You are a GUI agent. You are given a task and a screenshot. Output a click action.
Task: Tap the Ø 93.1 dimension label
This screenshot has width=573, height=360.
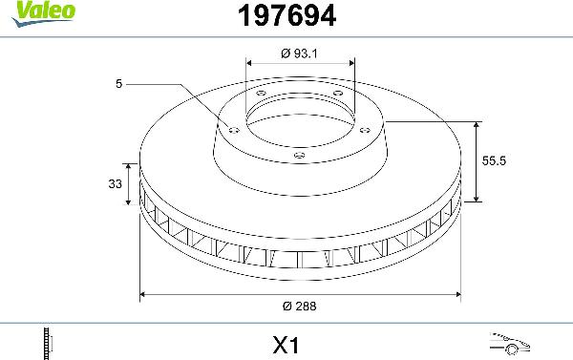[x=300, y=52]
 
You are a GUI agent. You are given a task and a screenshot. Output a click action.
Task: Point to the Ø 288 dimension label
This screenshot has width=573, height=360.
[x=300, y=307]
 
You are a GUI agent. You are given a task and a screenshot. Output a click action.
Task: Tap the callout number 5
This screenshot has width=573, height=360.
[x=118, y=84]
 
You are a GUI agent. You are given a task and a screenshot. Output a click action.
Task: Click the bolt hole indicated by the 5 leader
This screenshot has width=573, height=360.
[x=230, y=127]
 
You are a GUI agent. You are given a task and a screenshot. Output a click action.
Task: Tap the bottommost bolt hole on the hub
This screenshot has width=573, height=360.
[x=299, y=155]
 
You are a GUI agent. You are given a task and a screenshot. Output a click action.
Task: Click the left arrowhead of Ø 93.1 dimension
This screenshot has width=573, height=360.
[x=249, y=65]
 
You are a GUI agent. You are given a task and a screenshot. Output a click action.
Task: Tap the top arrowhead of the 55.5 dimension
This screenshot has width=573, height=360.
[x=477, y=125]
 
